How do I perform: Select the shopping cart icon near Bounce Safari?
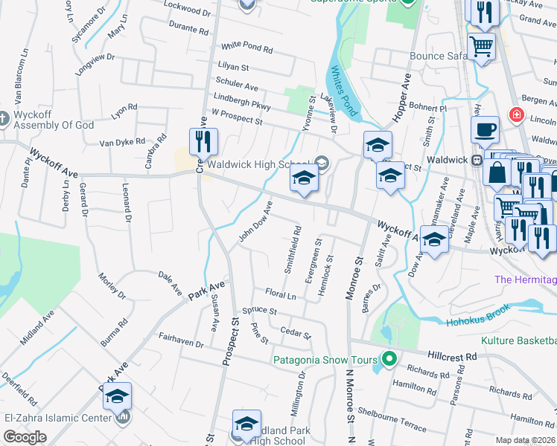point(482,47)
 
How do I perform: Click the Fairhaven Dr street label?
point(181,340)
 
